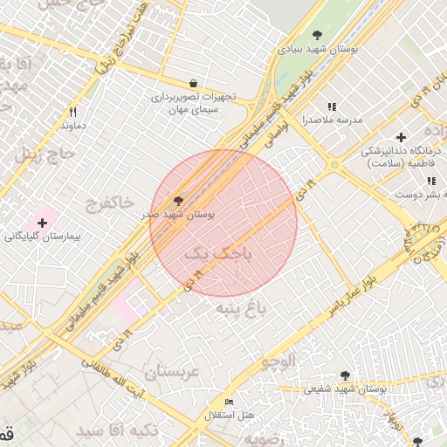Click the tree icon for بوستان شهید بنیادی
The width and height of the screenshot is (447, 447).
point(316,35)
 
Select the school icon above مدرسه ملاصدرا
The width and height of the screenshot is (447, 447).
point(331,106)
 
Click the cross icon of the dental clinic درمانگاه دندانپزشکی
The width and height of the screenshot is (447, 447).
point(401,137)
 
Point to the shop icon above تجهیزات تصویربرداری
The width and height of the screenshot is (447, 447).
point(192,84)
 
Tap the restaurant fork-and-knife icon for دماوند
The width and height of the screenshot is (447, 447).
point(72,112)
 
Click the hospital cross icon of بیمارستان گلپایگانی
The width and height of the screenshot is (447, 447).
point(42,223)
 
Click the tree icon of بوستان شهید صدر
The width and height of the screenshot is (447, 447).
point(179,200)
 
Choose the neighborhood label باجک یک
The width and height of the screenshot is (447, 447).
point(218,254)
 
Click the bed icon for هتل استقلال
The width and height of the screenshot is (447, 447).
point(230,402)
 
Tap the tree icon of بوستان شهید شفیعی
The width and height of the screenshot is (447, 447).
point(345,375)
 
